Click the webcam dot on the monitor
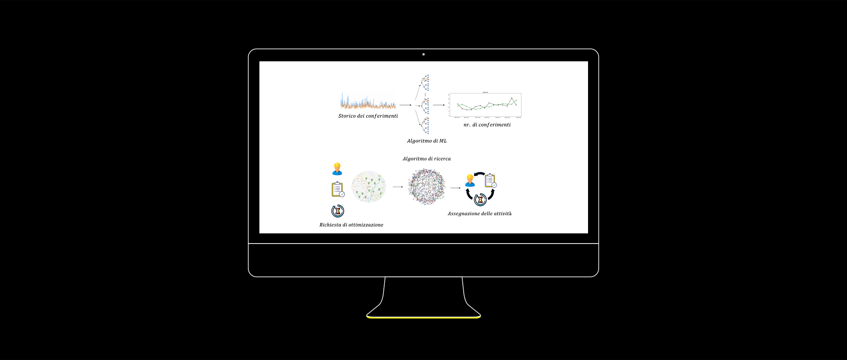(x=423, y=54)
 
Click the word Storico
(x=347, y=116)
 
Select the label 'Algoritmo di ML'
(x=427, y=141)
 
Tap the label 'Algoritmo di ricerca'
(x=427, y=159)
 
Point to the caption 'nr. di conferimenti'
(x=487, y=125)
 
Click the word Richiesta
(x=330, y=225)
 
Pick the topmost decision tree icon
(x=425, y=82)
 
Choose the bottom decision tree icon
(x=425, y=125)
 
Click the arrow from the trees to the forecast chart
(x=439, y=105)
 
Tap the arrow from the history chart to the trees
(x=405, y=105)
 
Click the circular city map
(x=369, y=187)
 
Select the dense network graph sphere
(x=427, y=187)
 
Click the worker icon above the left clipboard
(x=337, y=169)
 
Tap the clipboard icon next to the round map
(x=338, y=189)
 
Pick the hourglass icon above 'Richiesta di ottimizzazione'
(x=338, y=211)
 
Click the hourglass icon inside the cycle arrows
(x=480, y=200)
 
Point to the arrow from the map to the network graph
(x=398, y=187)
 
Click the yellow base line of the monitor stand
(x=423, y=317)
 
